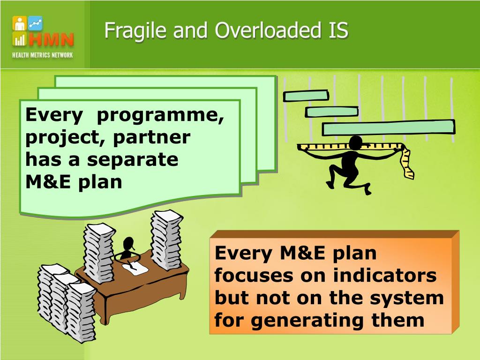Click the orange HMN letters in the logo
pyautogui.click(x=51, y=40)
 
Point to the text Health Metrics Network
pyautogui.click(x=43, y=55)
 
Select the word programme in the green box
pyautogui.click(x=160, y=115)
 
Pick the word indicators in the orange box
pyautogui.click(x=384, y=276)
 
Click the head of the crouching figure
pyautogui.click(x=356, y=142)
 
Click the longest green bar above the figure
pyautogui.click(x=388, y=127)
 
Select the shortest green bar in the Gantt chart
pyautogui.click(x=306, y=96)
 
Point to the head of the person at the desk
pyautogui.click(x=128, y=244)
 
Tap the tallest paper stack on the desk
pyautogui.click(x=166, y=239)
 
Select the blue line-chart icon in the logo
pyautogui.click(x=35, y=22)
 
